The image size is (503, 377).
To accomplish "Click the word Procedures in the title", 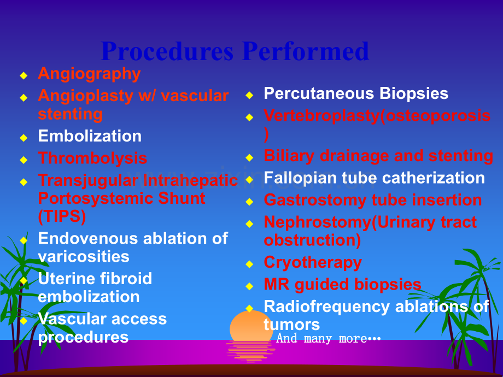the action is [x=167, y=51].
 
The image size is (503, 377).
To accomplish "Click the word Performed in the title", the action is [x=306, y=51].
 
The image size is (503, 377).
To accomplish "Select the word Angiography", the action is [x=89, y=74].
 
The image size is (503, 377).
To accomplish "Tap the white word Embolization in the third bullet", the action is [x=90, y=136].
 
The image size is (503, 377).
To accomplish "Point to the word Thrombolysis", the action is [x=92, y=158].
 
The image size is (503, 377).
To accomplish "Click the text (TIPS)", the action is [x=62, y=216].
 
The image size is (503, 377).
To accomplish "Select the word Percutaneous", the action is [x=319, y=93].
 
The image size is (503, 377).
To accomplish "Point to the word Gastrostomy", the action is [x=315, y=201].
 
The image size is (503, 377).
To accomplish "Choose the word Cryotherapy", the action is [x=313, y=263].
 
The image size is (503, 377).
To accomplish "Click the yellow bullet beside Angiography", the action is [x=24, y=75].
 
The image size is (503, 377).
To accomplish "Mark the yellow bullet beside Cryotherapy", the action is [x=249, y=264].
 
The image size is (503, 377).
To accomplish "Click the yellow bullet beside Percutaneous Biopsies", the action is [x=249, y=95].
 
